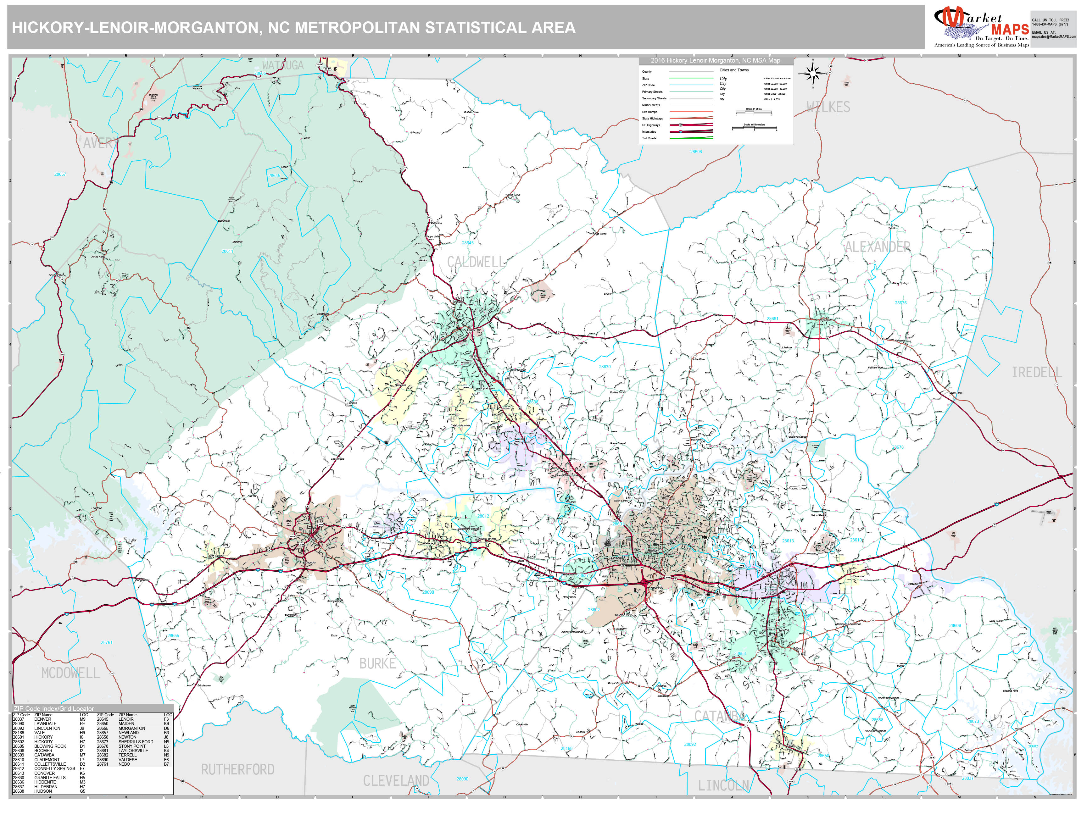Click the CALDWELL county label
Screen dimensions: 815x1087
(475, 262)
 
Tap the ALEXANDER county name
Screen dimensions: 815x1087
(877, 247)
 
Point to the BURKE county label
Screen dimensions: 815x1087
(377, 664)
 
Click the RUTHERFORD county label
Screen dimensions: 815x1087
(237, 769)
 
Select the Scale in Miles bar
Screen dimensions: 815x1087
(754, 113)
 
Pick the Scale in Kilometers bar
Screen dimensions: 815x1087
(754, 128)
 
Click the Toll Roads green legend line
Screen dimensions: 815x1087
(691, 138)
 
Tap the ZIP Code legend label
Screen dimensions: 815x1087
(648, 85)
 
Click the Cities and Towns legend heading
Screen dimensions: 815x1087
(734, 70)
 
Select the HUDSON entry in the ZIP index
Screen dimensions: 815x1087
(43, 791)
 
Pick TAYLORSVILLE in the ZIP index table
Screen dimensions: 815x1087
(133, 751)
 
